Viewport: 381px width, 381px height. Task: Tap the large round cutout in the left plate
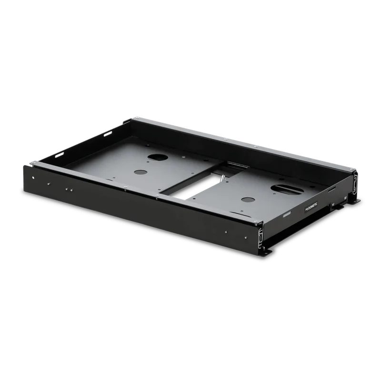coord(158,157)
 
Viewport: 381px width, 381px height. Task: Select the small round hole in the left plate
coord(140,172)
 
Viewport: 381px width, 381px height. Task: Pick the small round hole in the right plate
coord(248,200)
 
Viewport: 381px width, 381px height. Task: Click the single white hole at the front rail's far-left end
coord(33,178)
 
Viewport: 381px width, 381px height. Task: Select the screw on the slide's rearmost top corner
coord(136,118)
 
